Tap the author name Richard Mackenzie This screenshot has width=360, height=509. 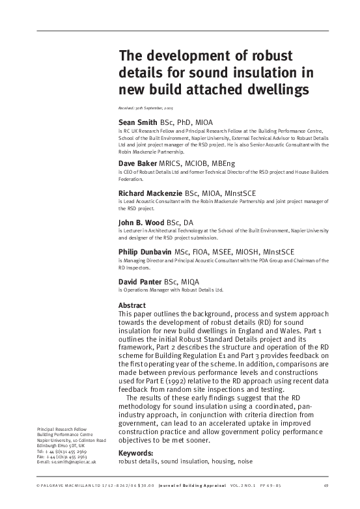click(150, 193)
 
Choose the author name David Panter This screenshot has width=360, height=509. click(140, 281)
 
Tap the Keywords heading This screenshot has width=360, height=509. click(135, 453)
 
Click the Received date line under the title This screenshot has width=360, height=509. click(145, 107)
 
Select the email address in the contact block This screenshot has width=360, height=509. click(64, 461)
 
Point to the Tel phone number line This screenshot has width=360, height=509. click(58, 450)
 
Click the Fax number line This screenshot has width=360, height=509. click(58, 456)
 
